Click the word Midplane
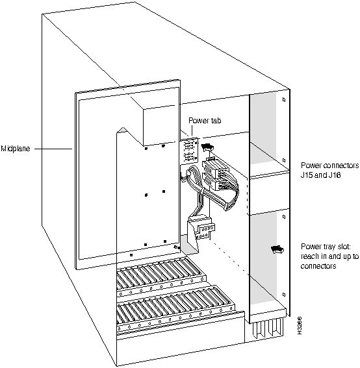[16, 149]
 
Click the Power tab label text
[205, 121]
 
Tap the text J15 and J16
[321, 175]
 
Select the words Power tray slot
[326, 247]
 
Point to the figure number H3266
[299, 326]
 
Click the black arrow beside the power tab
[207, 147]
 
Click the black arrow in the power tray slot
[277, 249]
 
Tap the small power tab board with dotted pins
[189, 151]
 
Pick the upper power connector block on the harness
[215, 167]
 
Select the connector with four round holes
[207, 228]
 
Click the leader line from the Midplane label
[53, 149]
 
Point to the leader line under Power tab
[192, 130]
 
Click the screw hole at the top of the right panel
[284, 99]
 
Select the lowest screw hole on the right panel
[284, 294]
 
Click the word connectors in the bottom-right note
[318, 266]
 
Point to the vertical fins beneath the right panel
[268, 328]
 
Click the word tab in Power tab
[216, 121]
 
